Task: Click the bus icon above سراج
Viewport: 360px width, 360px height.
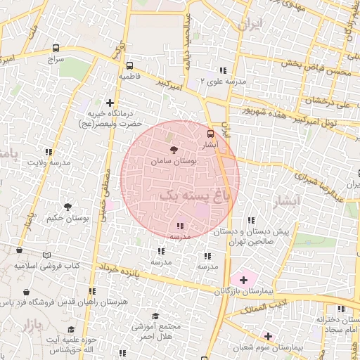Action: pyautogui.click(x=56, y=49)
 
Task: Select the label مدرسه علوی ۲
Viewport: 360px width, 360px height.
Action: pyautogui.click(x=224, y=82)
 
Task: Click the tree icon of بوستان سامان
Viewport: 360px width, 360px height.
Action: pyautogui.click(x=174, y=150)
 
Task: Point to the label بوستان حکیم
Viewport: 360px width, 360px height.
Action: pyautogui.click(x=67, y=219)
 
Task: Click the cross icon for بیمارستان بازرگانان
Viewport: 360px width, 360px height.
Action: pyautogui.click(x=244, y=280)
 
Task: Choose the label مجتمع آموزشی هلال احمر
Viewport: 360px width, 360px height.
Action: pyautogui.click(x=157, y=331)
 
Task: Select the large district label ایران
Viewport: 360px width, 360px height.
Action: pyautogui.click(x=250, y=26)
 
